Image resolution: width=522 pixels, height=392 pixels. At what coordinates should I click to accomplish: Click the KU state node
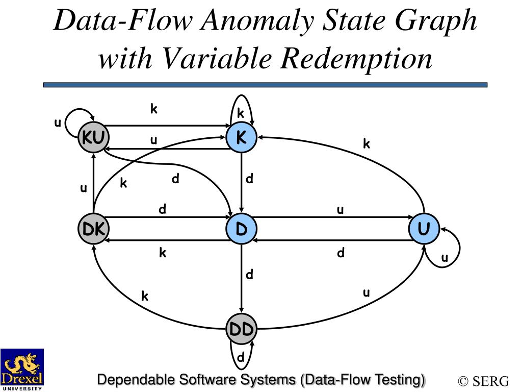[x=93, y=138]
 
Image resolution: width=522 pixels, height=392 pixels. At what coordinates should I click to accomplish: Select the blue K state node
[x=241, y=138]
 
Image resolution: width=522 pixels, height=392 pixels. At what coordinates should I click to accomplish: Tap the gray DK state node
[x=93, y=229]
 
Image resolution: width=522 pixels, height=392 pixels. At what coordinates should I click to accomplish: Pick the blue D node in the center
[x=241, y=229]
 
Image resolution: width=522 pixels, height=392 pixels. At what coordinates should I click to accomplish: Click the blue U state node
[x=424, y=229]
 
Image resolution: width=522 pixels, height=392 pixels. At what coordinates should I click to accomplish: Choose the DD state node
[x=241, y=330]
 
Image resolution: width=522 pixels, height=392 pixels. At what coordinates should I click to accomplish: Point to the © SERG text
[x=483, y=381]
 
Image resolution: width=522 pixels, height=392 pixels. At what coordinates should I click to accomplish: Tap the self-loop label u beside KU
[x=58, y=122]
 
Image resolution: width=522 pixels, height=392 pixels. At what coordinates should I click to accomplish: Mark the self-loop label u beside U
[x=445, y=258]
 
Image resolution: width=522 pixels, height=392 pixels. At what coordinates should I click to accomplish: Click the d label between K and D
[x=250, y=179]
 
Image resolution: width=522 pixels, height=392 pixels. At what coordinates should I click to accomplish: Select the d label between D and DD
[x=250, y=275]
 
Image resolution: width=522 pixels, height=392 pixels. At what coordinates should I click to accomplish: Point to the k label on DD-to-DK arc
[x=145, y=296]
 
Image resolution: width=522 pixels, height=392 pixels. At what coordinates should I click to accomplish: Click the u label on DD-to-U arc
[x=366, y=292]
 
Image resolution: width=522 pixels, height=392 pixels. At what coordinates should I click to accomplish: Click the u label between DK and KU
[x=83, y=189]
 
